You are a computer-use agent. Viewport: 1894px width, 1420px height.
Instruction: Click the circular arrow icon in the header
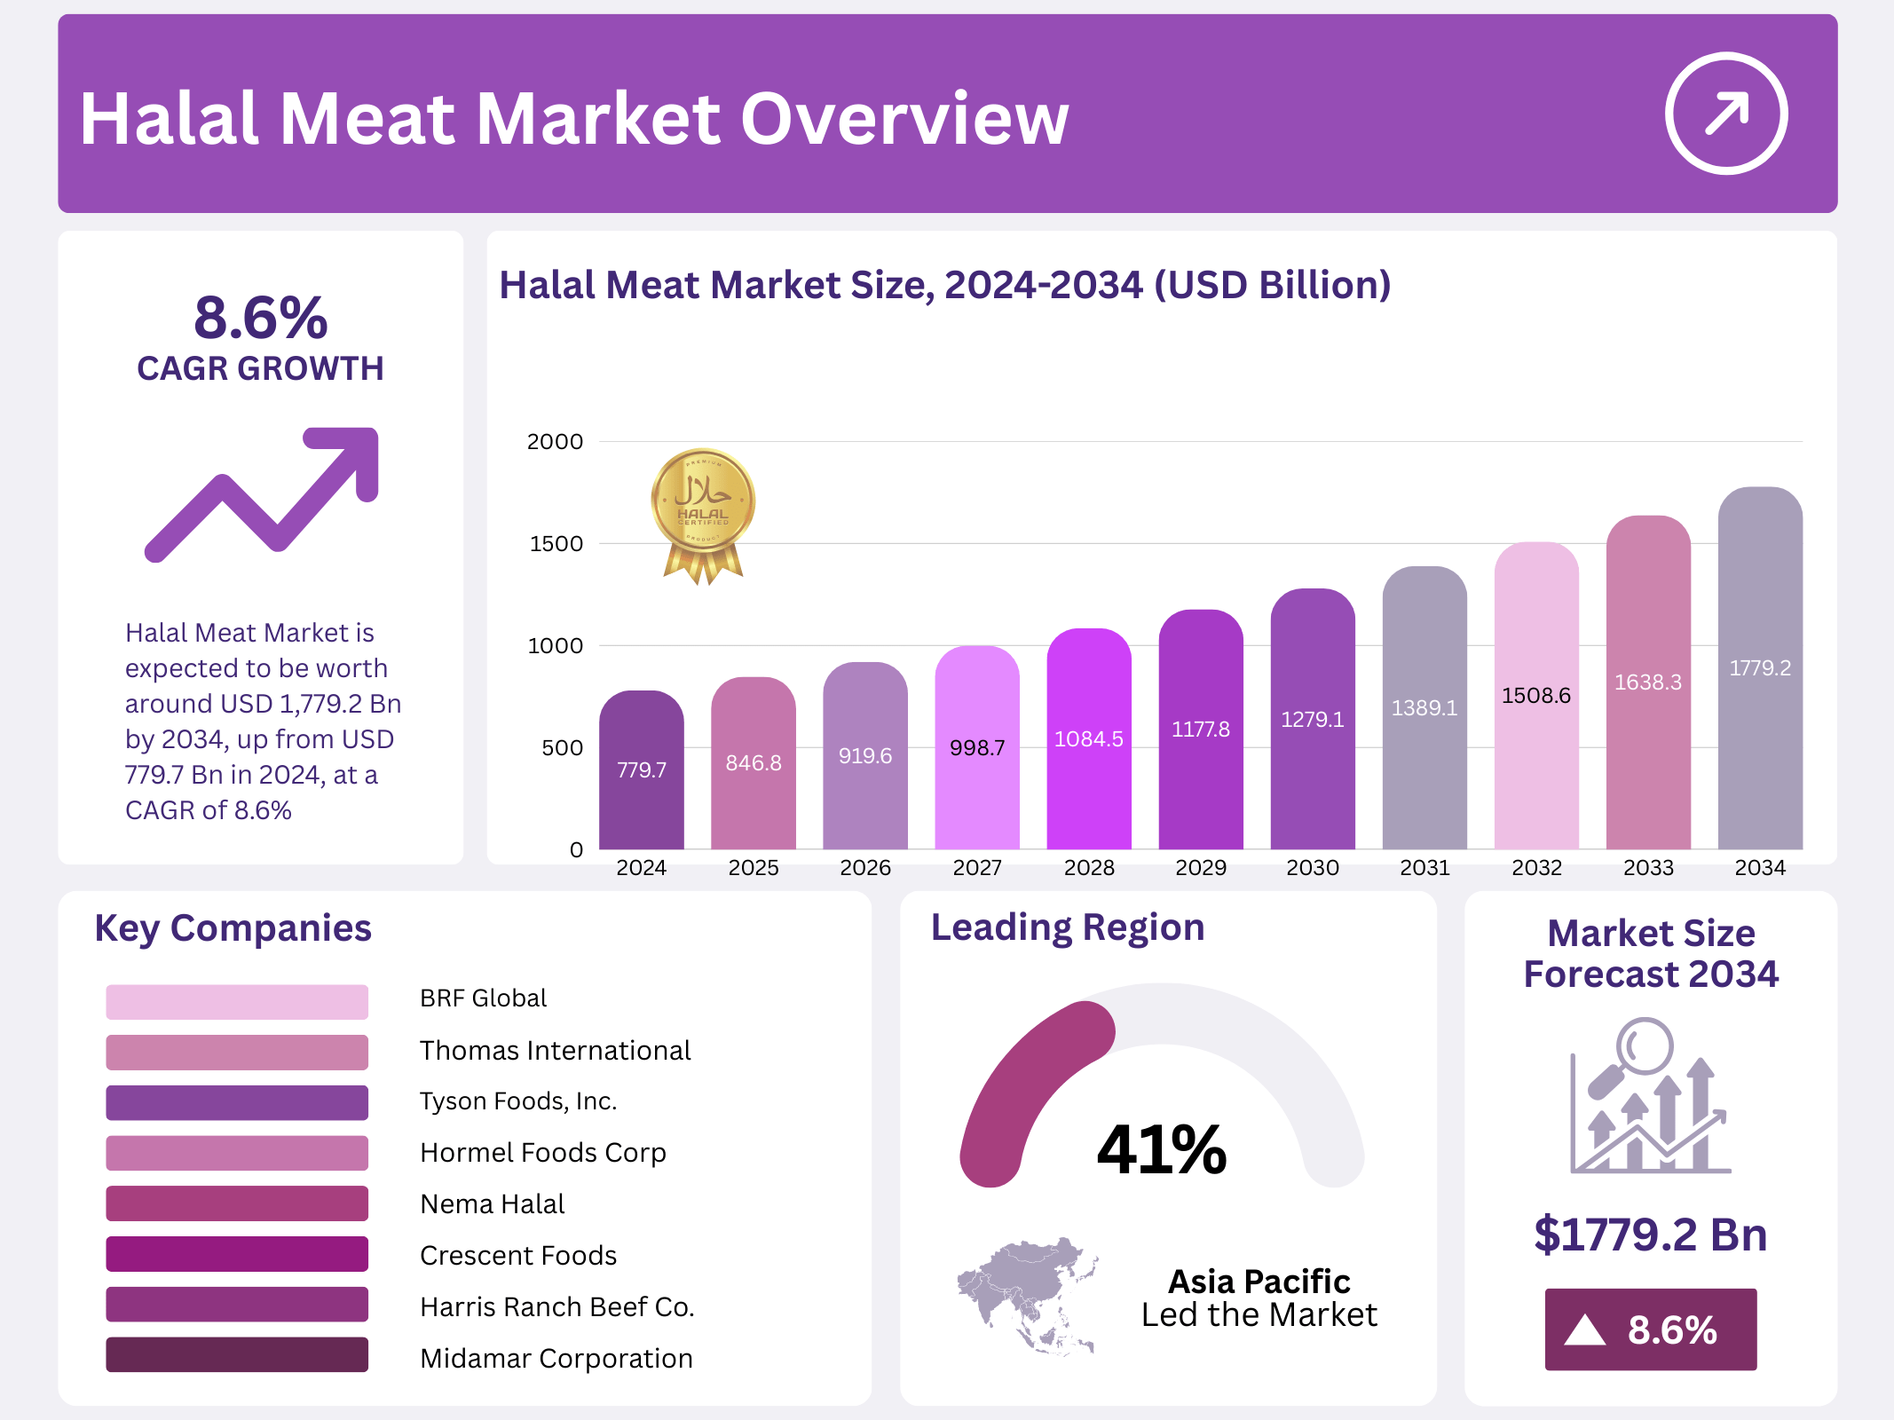(x=1725, y=114)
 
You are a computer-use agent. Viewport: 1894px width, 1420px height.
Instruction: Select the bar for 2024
(x=641, y=770)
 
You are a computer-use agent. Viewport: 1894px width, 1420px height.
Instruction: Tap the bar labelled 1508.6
(x=1536, y=696)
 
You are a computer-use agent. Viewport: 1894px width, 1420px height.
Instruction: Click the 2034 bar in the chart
(x=1760, y=667)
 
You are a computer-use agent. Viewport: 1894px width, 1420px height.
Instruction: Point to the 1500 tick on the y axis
(x=556, y=543)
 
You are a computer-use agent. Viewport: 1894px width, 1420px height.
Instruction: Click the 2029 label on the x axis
(x=1201, y=867)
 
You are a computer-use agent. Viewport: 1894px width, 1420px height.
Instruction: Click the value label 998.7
(x=977, y=747)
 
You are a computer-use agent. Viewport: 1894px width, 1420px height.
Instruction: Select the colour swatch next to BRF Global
(x=236, y=1001)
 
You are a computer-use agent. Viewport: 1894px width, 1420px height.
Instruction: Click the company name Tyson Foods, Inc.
(x=518, y=1101)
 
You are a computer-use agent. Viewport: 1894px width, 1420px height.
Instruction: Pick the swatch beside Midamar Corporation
(x=236, y=1354)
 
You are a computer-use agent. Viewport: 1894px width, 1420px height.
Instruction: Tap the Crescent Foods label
(x=518, y=1255)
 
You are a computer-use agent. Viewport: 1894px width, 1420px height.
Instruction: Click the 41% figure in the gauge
(x=1162, y=1149)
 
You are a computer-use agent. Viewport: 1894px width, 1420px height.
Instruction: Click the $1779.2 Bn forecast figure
(x=1650, y=1235)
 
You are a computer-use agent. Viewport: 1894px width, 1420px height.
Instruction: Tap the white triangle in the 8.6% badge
(x=1585, y=1330)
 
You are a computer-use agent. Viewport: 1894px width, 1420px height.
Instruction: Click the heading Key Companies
(x=233, y=928)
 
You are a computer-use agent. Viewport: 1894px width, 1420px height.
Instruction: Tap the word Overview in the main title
(x=904, y=119)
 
